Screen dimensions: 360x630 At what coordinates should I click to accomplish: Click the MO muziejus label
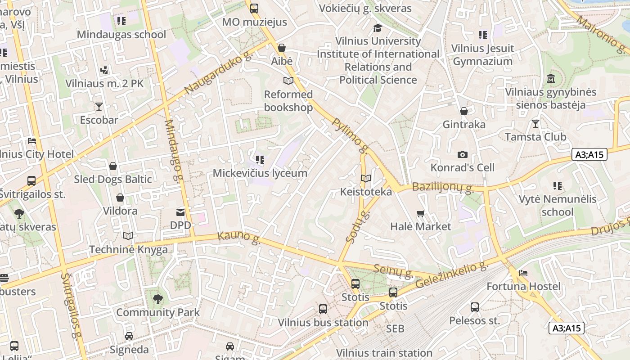[x=254, y=22]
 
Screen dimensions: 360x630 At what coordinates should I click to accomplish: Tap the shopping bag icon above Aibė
[x=282, y=48]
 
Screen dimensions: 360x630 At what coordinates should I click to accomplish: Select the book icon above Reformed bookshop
[x=288, y=81]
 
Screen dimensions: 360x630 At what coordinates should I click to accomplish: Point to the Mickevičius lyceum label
[x=260, y=173]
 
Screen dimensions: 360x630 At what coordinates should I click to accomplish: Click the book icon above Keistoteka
[x=366, y=179]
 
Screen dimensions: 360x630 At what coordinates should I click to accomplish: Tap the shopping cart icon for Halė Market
[x=420, y=213]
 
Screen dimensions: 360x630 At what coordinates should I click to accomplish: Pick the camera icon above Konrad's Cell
[x=462, y=155]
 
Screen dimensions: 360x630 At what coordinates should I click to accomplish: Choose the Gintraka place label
[x=464, y=125]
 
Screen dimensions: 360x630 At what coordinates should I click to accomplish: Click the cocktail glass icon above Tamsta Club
[x=535, y=123]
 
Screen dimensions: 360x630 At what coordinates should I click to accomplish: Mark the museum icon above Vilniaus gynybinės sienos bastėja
[x=550, y=79]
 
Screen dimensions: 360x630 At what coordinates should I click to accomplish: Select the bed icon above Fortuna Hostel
[x=523, y=273]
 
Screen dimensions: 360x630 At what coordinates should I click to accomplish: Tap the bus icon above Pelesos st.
[x=475, y=307]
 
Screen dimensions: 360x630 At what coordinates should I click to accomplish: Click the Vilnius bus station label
[x=323, y=323]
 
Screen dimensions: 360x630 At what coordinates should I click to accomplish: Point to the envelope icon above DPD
[x=180, y=212]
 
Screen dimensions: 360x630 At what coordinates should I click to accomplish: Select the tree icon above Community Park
[x=157, y=299]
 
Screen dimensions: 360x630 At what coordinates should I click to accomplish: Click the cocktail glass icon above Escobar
[x=99, y=107]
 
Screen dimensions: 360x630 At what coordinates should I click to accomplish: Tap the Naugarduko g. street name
[x=217, y=73]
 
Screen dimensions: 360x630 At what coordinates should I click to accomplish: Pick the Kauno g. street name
[x=239, y=238]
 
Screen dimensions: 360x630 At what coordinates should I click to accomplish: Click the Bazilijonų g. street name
[x=443, y=188]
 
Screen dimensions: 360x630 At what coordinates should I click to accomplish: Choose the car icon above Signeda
[x=129, y=336]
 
